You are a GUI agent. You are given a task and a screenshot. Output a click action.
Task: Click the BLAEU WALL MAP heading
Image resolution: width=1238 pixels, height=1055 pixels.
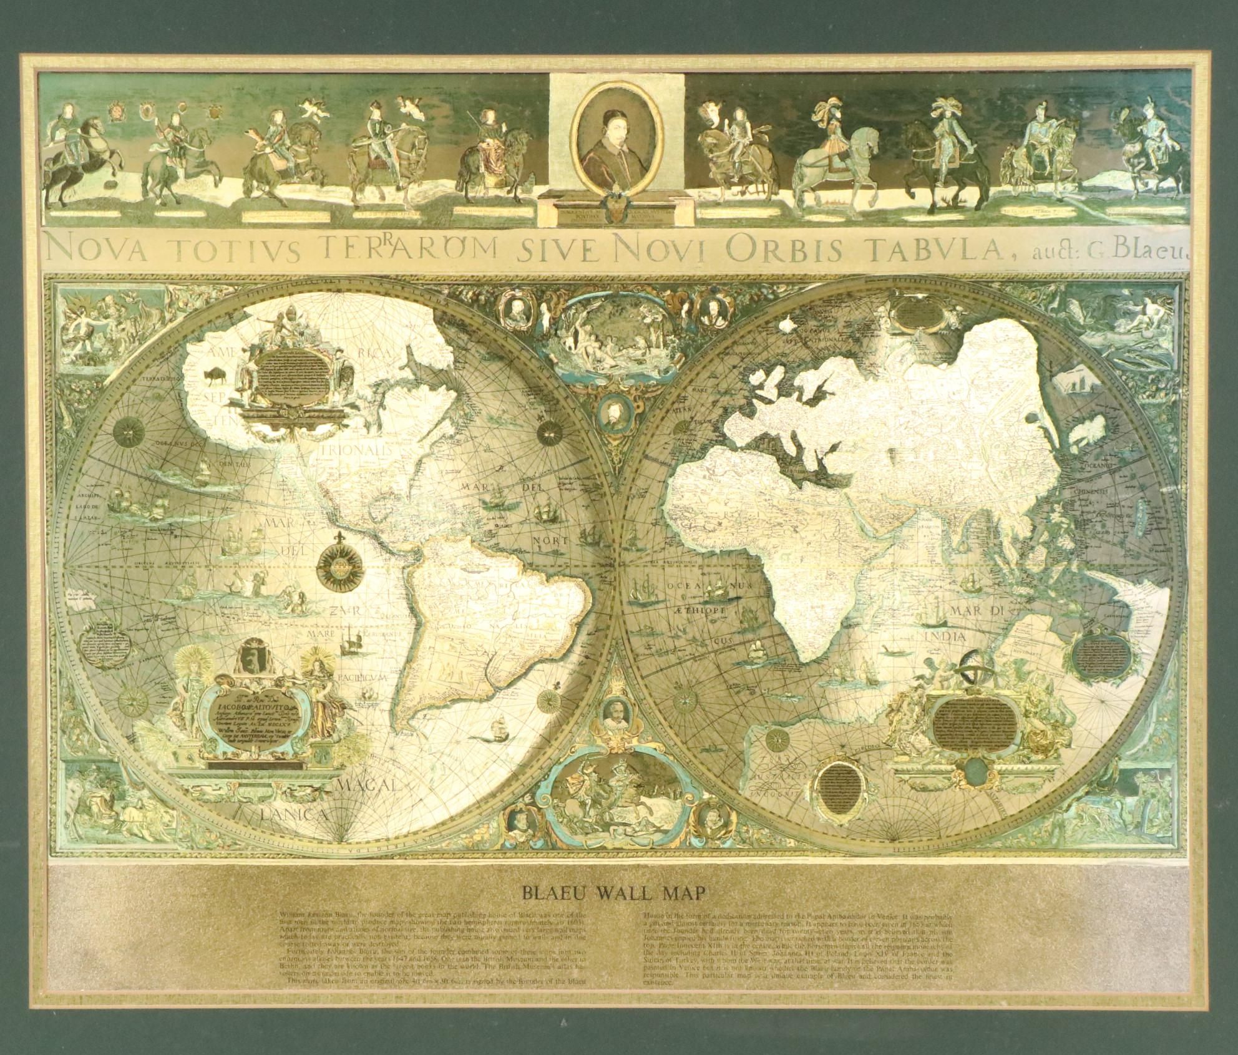coord(615,909)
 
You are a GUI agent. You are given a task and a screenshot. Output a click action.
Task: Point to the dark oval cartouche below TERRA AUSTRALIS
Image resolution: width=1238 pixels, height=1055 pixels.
coord(836,785)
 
